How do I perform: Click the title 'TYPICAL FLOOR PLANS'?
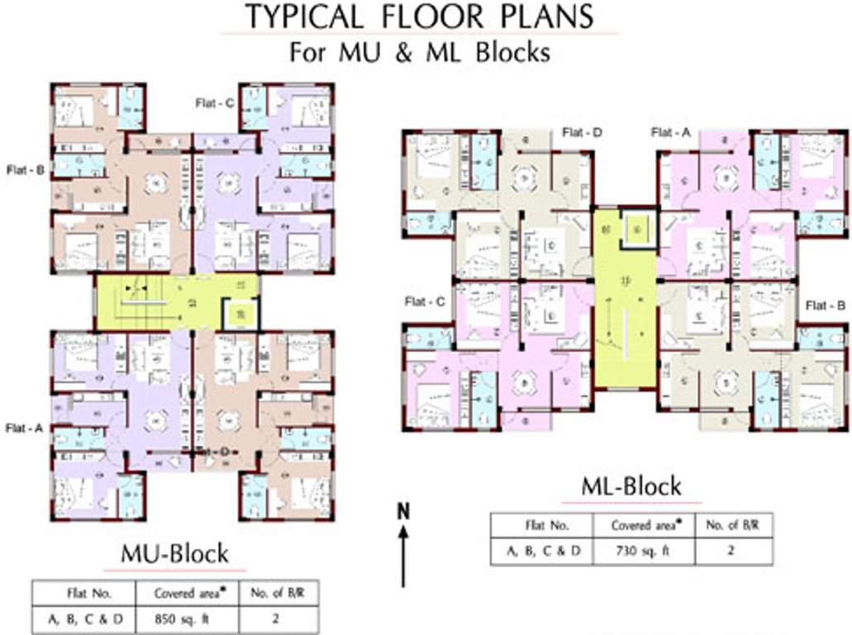419,16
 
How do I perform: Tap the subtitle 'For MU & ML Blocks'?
419,51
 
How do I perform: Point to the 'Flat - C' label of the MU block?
214,103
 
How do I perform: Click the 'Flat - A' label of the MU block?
23,427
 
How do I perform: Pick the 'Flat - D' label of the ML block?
581,132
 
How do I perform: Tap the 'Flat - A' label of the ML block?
670,132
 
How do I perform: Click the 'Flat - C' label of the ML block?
425,302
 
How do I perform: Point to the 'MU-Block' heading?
174,553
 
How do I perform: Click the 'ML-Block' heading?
631,486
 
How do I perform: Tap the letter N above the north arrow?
403,511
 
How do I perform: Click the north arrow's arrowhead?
403,533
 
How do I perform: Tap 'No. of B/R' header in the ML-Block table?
730,525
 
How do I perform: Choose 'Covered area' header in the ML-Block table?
645,525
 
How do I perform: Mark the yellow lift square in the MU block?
217,313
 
